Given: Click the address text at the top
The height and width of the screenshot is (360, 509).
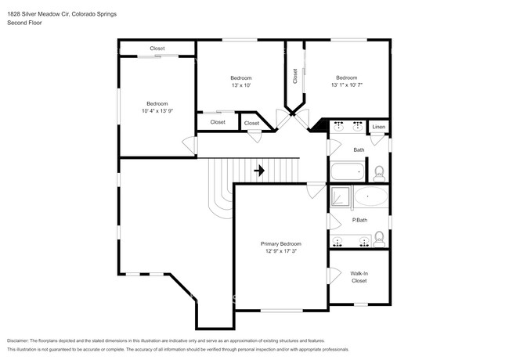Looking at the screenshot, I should point(63,13).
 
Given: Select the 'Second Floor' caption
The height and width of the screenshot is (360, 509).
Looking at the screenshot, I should point(25,23).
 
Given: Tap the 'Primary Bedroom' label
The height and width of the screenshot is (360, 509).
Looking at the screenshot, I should point(280,244).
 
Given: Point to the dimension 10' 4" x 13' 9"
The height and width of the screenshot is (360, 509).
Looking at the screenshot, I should point(157,111).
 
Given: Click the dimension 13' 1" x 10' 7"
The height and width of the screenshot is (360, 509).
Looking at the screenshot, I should point(346,85).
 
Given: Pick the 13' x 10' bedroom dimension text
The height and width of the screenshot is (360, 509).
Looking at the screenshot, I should point(240,85).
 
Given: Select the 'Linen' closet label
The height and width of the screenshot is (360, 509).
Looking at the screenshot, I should point(378,127).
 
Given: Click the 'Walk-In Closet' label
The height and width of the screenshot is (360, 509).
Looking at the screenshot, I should point(359,276).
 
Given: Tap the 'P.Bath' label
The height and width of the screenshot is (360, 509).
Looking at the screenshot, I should point(359,220).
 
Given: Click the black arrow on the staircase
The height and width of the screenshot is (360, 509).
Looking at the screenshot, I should point(259,170).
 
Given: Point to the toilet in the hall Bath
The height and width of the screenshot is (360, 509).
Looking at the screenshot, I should point(378,171).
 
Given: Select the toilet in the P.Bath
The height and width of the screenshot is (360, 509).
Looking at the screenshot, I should point(378,238).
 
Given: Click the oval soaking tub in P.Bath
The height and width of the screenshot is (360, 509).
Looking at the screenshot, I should point(370,198).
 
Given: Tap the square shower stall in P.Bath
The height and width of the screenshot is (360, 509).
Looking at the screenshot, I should point(341,198).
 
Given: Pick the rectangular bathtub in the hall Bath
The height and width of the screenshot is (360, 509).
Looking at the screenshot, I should point(348,171).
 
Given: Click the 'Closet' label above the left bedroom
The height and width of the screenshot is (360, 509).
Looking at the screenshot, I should point(157,49).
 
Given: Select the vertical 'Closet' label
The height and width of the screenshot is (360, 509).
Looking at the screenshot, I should point(295,76).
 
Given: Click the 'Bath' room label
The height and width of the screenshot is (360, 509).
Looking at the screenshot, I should point(359,149).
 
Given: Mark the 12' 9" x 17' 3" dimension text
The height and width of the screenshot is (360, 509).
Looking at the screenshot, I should point(280,252).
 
